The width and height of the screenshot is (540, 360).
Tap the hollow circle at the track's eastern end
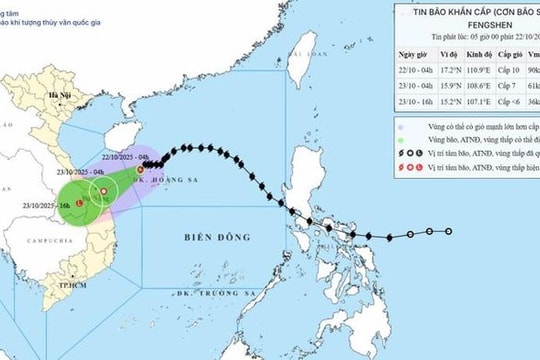[449, 231]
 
